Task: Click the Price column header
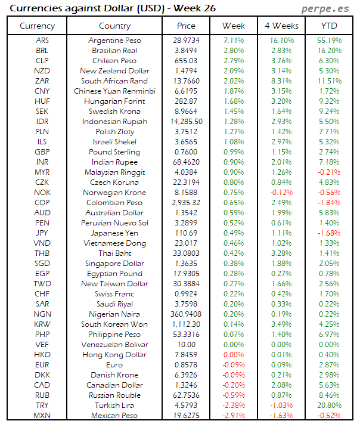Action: tap(186, 26)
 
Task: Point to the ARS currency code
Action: tap(42, 40)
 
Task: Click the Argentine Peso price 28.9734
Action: tap(186, 40)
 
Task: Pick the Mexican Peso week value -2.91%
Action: tap(233, 415)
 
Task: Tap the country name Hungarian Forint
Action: tap(114, 101)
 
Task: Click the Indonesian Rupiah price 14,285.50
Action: tap(186, 121)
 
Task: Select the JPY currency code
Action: tap(42, 233)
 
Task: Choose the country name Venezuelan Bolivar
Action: tap(114, 344)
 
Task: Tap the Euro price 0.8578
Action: tap(186, 364)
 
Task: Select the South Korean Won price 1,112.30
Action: tap(186, 324)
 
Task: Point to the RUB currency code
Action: tap(42, 395)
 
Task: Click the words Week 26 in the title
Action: tap(193, 8)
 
